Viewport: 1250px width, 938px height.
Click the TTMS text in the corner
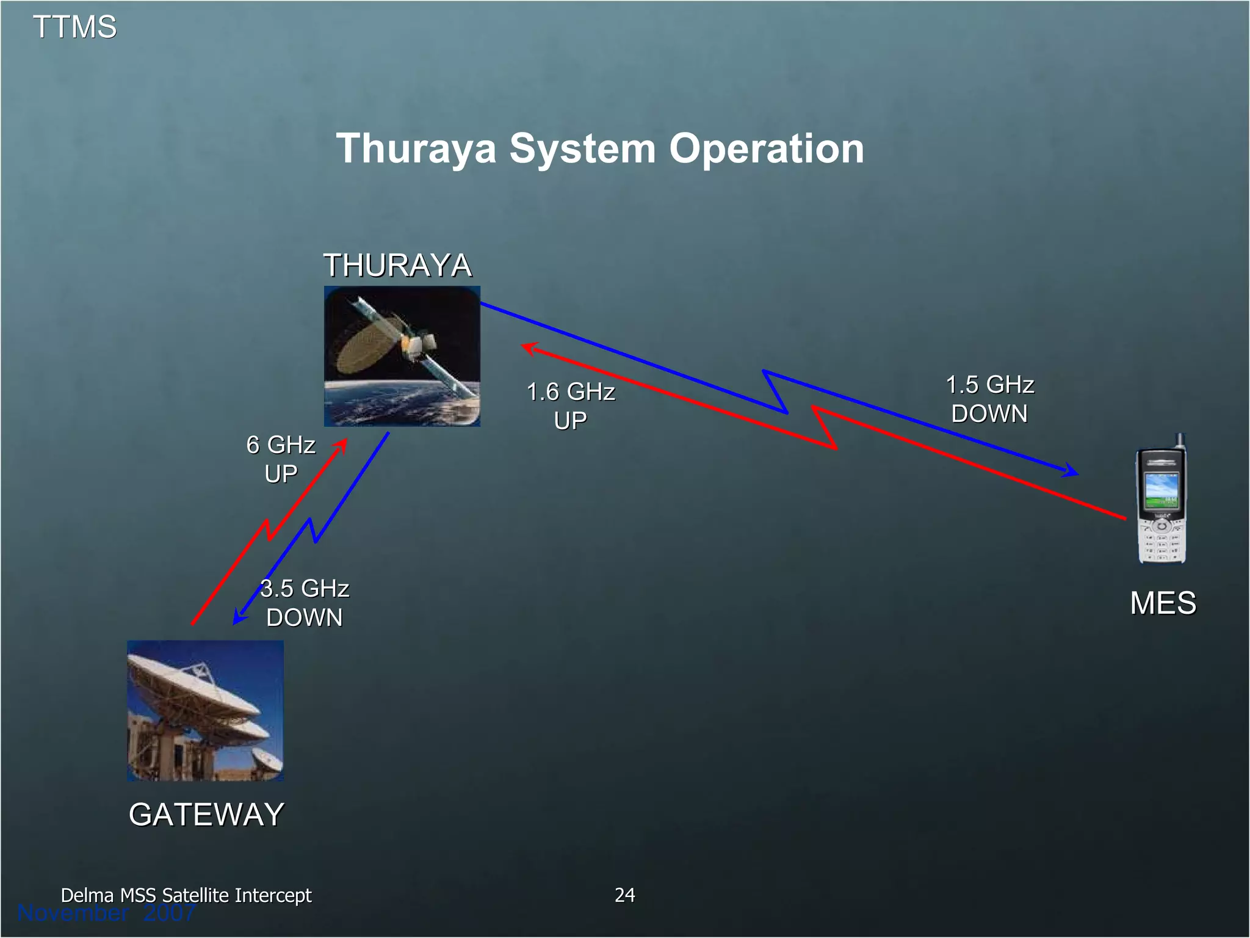tap(74, 27)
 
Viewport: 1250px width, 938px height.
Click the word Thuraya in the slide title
tap(416, 149)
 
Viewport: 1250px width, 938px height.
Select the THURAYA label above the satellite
tap(397, 266)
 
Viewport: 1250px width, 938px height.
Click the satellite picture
tap(402, 356)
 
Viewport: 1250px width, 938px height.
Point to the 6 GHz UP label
tap(281, 459)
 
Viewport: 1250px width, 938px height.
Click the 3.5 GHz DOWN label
tap(305, 603)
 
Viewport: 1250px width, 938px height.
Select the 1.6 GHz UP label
tap(571, 406)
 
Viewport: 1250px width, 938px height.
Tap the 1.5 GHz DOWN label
tap(989, 399)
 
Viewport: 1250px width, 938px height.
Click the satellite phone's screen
tap(1161, 490)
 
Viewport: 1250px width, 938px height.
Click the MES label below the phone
tap(1163, 603)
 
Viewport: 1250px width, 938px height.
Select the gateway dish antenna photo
tap(205, 710)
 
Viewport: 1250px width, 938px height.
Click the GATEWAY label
tap(206, 815)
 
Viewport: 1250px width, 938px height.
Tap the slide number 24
tap(624, 895)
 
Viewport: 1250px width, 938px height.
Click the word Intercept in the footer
tap(273, 895)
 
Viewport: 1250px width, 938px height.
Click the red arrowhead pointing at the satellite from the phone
tap(529, 349)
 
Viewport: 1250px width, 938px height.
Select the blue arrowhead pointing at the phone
tap(1071, 471)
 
